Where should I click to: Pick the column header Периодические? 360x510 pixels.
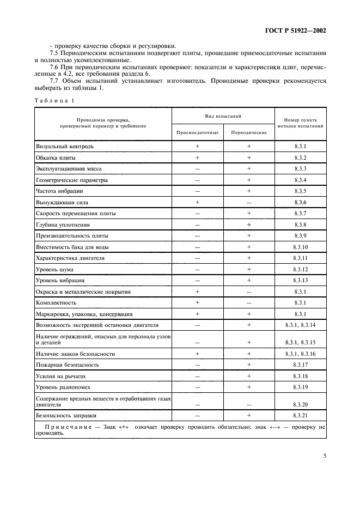click(x=248, y=132)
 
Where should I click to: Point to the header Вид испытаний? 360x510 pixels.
click(x=223, y=117)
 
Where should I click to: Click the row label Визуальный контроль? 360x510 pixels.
click(x=65, y=147)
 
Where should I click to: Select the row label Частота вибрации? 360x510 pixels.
click(x=59, y=191)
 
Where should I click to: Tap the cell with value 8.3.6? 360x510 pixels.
click(x=301, y=202)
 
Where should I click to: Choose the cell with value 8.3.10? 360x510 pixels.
click(x=301, y=247)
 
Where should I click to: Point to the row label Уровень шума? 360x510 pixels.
click(x=55, y=269)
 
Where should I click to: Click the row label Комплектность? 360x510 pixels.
click(x=56, y=302)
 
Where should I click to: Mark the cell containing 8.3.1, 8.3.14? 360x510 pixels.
click(x=301, y=325)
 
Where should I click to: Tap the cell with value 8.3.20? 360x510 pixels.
click(x=301, y=405)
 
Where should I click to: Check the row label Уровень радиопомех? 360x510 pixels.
click(x=63, y=386)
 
